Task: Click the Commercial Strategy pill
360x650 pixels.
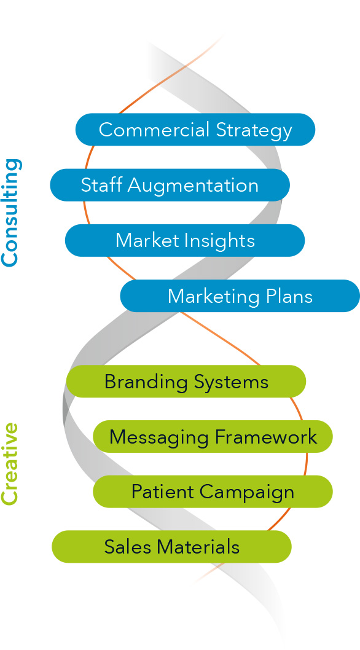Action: (195, 130)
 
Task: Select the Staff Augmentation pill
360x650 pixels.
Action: (170, 185)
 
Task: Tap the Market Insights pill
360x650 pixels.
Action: (185, 240)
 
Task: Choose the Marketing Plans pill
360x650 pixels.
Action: (240, 296)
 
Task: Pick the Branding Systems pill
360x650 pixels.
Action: (186, 382)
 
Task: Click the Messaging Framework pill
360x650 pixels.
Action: (213, 437)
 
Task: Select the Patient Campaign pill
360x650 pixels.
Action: (213, 491)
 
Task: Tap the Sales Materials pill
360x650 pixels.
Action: (171, 547)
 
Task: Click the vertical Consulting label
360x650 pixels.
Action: (10, 212)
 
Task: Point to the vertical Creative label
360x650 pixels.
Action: (10, 464)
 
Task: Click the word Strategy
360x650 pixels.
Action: (254, 131)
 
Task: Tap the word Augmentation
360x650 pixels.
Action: (193, 186)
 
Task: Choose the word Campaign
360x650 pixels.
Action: (247, 493)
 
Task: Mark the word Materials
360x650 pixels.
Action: (198, 547)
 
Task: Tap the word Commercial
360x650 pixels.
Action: (154, 130)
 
